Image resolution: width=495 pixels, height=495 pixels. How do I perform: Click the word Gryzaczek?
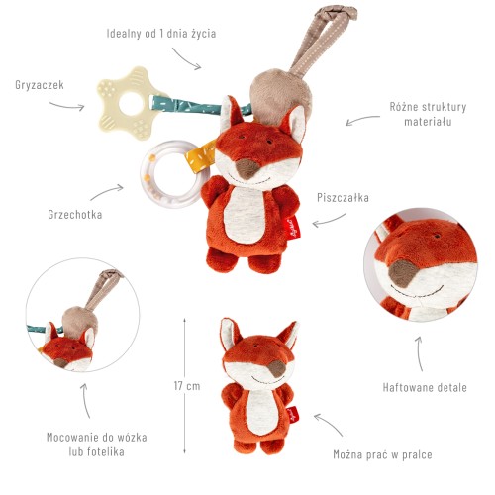[40, 85]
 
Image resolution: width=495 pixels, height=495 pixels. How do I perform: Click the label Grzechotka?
[75, 215]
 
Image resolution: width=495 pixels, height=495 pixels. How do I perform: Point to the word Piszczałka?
[343, 197]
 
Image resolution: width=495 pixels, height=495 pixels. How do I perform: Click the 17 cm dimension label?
[187, 386]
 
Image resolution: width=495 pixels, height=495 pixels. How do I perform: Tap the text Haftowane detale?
[425, 387]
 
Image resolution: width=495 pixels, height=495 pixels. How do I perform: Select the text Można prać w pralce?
[382, 454]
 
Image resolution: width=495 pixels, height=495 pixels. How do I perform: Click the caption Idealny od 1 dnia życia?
[161, 33]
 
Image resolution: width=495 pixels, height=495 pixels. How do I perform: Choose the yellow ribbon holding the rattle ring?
[200, 156]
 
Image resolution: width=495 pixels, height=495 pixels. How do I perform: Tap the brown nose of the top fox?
[247, 168]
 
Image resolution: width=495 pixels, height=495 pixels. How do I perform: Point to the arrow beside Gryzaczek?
[67, 106]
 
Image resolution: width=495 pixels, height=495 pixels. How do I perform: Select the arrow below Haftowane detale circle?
[419, 353]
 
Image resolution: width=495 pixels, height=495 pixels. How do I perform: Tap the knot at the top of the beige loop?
[337, 13]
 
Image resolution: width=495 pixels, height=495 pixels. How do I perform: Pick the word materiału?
[428, 122]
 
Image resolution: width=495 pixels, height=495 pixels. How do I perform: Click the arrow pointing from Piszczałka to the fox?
[329, 221]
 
